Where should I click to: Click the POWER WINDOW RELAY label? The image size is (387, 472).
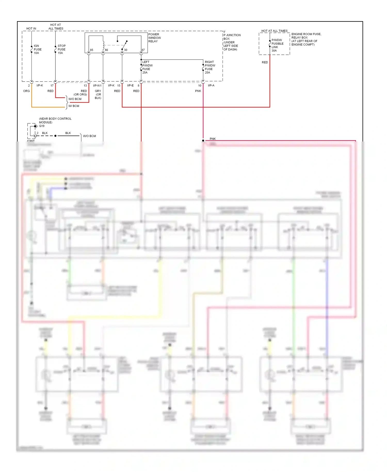click(154, 38)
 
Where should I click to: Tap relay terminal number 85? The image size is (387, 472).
click(92, 50)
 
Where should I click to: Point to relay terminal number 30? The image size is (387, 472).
click(126, 50)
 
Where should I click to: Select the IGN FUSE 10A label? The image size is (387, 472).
click(37, 49)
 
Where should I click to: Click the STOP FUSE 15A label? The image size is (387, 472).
click(61, 49)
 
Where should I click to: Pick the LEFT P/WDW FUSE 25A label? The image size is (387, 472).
click(147, 67)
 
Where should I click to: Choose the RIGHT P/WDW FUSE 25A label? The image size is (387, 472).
click(210, 67)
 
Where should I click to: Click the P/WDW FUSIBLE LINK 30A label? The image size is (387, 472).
click(277, 45)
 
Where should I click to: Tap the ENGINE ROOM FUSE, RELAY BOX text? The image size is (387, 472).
click(306, 36)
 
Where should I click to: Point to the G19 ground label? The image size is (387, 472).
click(42, 126)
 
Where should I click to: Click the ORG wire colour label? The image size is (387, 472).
click(26, 91)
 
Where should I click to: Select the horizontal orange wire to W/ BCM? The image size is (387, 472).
click(48, 107)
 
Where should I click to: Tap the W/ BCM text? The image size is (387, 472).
click(74, 106)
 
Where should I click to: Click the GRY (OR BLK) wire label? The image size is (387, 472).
click(98, 94)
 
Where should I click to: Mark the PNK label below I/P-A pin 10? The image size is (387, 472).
click(198, 91)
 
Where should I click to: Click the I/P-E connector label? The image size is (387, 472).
click(130, 85)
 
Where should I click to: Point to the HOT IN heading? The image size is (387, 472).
click(31, 29)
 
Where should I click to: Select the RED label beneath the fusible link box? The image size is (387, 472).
click(265, 62)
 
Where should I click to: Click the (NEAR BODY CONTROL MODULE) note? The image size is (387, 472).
click(55, 120)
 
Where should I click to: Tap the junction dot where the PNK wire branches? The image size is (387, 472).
click(203, 140)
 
